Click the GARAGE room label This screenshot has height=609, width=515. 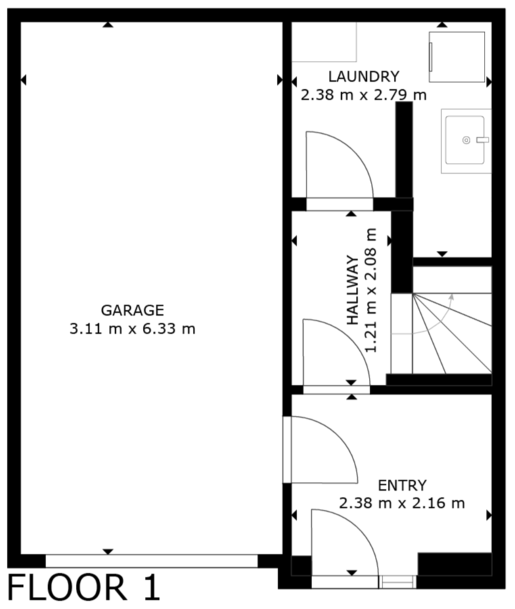(x=132, y=310)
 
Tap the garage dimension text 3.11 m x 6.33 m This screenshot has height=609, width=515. (x=132, y=329)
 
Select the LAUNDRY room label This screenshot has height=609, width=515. (x=363, y=76)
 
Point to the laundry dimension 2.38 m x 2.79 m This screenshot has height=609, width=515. (x=363, y=95)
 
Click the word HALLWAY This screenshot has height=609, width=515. (x=353, y=290)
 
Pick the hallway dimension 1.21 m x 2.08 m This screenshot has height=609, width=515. (x=371, y=290)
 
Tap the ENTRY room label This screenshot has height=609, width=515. (x=402, y=485)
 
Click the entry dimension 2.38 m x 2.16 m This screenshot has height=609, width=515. (x=402, y=504)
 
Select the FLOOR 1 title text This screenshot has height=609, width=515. (x=84, y=588)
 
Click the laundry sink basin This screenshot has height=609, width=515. (x=465, y=140)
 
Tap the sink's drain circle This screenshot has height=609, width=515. (x=466, y=140)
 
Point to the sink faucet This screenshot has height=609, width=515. (x=483, y=140)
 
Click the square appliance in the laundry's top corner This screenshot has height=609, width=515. (x=457, y=57)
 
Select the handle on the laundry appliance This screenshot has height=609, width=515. (x=431, y=57)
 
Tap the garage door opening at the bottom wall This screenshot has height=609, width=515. (x=152, y=561)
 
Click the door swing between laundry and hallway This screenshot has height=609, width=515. (x=339, y=165)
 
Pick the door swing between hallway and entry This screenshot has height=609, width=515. (x=336, y=353)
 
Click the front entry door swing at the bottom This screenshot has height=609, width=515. (x=344, y=543)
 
